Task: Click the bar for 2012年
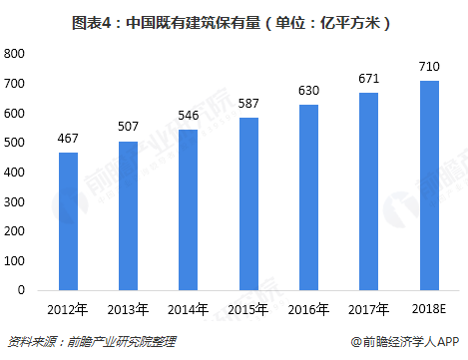pos(67,220)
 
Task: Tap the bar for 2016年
pos(308,196)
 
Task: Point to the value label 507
pos(128,128)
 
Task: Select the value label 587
pos(247,104)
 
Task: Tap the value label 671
pos(369,78)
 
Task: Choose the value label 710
pos(429,67)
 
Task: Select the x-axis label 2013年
pos(128,309)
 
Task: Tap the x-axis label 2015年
pos(247,309)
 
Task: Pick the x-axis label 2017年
pos(369,309)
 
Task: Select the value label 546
pos(188,116)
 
